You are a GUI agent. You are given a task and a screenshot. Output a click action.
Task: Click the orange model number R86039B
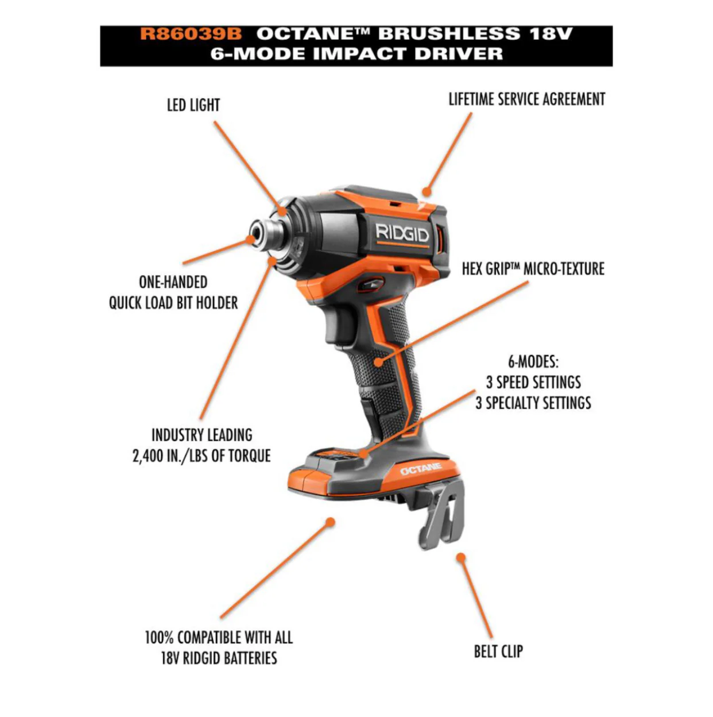(x=191, y=34)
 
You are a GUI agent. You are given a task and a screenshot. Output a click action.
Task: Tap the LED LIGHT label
(x=193, y=105)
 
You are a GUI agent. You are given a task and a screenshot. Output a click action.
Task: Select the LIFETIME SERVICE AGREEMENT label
(x=527, y=99)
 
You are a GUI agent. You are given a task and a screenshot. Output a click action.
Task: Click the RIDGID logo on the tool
(x=402, y=233)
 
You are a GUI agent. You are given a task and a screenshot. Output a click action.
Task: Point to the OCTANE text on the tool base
(x=421, y=469)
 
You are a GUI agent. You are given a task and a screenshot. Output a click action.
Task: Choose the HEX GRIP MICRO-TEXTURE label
(x=533, y=269)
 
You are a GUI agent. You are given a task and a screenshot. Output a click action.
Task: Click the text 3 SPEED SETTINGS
(x=533, y=382)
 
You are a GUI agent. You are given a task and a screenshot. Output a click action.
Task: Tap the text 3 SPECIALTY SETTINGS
(x=533, y=403)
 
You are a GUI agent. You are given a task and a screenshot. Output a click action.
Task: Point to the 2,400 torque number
(x=146, y=456)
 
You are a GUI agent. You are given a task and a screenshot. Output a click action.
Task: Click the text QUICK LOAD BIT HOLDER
(x=173, y=303)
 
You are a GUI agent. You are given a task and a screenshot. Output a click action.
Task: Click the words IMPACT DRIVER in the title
(x=408, y=53)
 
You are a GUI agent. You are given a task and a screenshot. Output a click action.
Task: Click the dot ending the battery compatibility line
(x=330, y=522)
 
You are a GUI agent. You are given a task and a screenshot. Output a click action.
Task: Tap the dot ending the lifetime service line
(x=427, y=192)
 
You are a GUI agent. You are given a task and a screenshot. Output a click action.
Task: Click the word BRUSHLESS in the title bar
(x=449, y=34)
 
